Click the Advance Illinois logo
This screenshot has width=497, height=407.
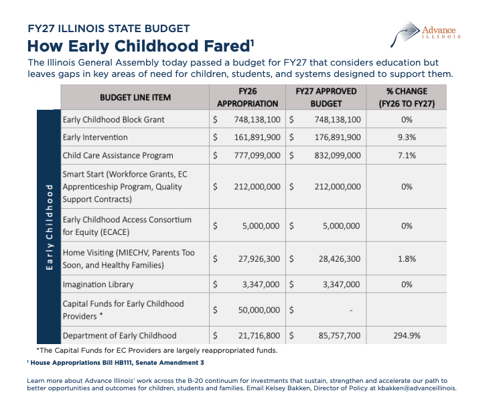tap(425, 34)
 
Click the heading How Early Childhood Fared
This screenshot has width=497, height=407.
tap(141, 46)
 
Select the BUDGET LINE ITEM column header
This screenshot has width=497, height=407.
tap(135, 97)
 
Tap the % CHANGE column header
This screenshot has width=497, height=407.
tap(407, 97)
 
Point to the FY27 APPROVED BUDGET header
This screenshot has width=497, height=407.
tap(326, 97)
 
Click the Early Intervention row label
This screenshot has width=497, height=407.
tap(95, 137)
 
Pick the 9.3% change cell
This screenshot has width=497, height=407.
tap(407, 137)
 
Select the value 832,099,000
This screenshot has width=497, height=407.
tap(338, 155)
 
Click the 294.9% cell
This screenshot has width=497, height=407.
tap(407, 335)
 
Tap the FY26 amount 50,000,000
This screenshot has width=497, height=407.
tap(259, 310)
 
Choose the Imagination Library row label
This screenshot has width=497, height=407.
tap(98, 284)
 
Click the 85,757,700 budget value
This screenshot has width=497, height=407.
tap(340, 335)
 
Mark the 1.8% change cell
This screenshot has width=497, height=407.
tap(407, 259)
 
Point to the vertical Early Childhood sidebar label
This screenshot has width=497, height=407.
tap(49, 227)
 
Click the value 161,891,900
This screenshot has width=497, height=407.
tap(257, 137)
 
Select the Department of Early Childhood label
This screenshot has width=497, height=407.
tap(119, 335)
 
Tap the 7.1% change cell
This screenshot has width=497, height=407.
tap(407, 155)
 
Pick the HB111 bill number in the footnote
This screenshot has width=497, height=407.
tap(123, 363)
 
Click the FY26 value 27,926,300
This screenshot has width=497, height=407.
tap(259, 259)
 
